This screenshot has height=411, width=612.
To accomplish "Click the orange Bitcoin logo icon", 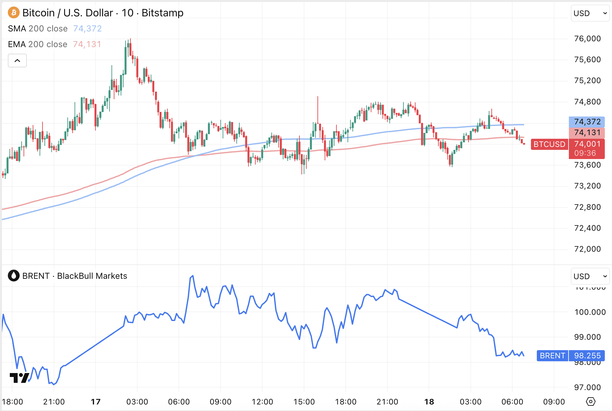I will (13, 13).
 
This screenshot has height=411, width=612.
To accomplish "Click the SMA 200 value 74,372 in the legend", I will (87, 29).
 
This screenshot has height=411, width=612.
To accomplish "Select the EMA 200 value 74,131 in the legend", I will (87, 45).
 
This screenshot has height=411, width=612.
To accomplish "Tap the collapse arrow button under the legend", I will (17, 61).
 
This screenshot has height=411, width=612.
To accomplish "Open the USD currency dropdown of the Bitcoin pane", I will (590, 13).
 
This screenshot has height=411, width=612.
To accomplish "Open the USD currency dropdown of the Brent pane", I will (590, 277).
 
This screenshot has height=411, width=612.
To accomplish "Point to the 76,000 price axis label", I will (587, 39).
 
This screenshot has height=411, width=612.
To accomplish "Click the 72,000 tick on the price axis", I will (587, 249).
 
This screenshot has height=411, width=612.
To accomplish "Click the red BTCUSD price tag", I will (549, 144).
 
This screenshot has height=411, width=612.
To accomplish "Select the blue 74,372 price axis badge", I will (587, 122).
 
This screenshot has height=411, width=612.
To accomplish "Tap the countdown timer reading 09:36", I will (585, 153).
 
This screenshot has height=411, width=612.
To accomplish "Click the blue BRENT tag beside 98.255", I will (552, 356).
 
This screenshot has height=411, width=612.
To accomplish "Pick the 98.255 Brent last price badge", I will (587, 356).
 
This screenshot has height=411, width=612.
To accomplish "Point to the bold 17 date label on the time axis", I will (95, 402).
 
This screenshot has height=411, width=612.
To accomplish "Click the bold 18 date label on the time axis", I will (429, 402).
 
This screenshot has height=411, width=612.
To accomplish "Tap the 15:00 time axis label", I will (304, 402).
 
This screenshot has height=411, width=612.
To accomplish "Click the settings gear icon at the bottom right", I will (591, 402).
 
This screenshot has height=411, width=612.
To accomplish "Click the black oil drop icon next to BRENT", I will (13, 276).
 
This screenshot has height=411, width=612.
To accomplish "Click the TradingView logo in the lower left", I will (19, 378).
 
